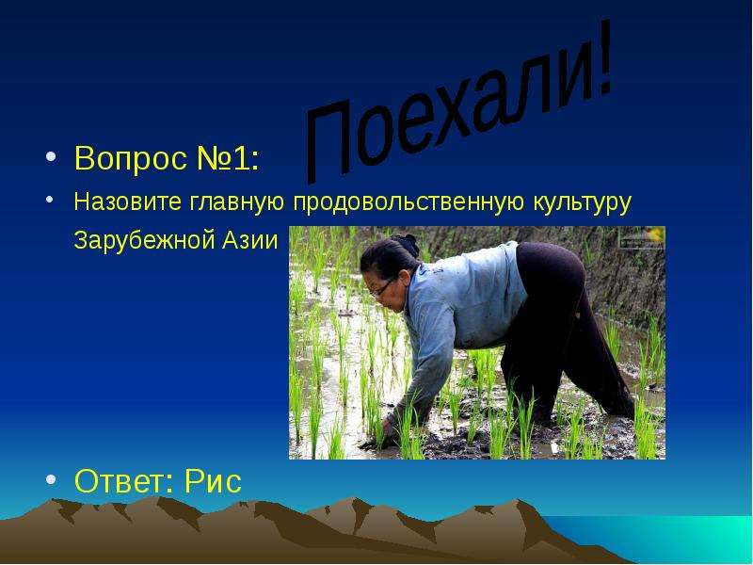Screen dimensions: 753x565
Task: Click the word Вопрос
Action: pyautogui.click(x=131, y=157)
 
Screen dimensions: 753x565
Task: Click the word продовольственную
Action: pyautogui.click(x=409, y=202)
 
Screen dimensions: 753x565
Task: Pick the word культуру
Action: pyautogui.click(x=582, y=202)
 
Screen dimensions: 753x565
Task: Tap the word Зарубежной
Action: pyautogui.click(x=144, y=240)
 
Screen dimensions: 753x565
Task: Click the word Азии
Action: pyautogui.click(x=249, y=240)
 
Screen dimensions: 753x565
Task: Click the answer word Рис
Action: pyautogui.click(x=213, y=480)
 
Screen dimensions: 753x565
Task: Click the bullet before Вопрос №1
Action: pyautogui.click(x=51, y=156)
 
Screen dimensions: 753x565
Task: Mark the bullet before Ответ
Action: pyautogui.click(x=51, y=478)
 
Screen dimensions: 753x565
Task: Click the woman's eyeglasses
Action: pyautogui.click(x=382, y=286)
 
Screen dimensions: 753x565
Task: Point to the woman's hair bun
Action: pyautogui.click(x=405, y=244)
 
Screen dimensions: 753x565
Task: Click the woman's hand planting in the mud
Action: pyautogui.click(x=387, y=427)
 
